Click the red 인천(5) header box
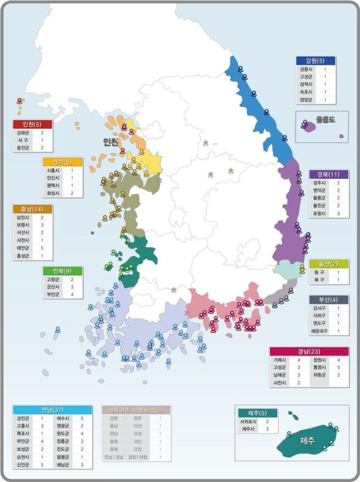pos(32,124)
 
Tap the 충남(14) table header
pos(32,208)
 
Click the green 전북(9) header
pos(63,270)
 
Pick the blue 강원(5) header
pos(316,61)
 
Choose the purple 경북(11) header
pos(328,174)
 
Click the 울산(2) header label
pos(328,263)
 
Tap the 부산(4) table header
pos(328,299)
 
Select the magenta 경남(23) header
pos(309,351)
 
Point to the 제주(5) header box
pos(258,413)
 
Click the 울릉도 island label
pos(326,119)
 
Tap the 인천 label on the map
pos(112,142)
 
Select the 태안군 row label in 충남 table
pos(23,248)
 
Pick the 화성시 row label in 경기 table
pos(52,193)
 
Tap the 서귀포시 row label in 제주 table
pos(248,421)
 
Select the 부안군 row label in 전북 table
pos(54,294)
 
